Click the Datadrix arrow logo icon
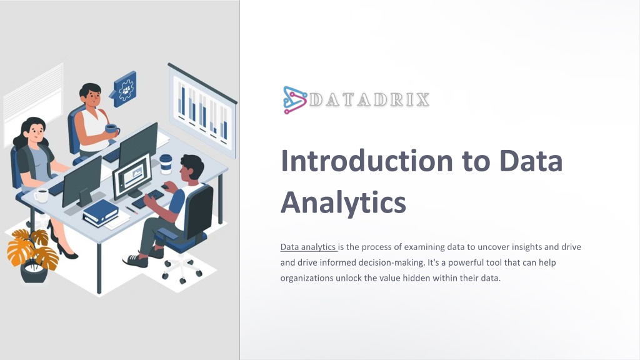[x=295, y=100]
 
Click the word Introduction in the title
[x=367, y=161]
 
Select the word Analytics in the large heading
[x=343, y=202]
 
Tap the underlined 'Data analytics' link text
[x=308, y=247]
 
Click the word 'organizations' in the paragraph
[x=306, y=278]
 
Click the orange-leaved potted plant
[x=32, y=255]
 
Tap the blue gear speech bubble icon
[x=124, y=89]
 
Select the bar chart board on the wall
[x=202, y=111]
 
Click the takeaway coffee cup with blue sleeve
[x=166, y=164]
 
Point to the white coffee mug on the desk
[x=41, y=196]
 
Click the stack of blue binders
[x=101, y=213]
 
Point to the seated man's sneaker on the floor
[x=136, y=261]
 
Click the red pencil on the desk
[x=131, y=210]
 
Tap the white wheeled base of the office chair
[x=182, y=267]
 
